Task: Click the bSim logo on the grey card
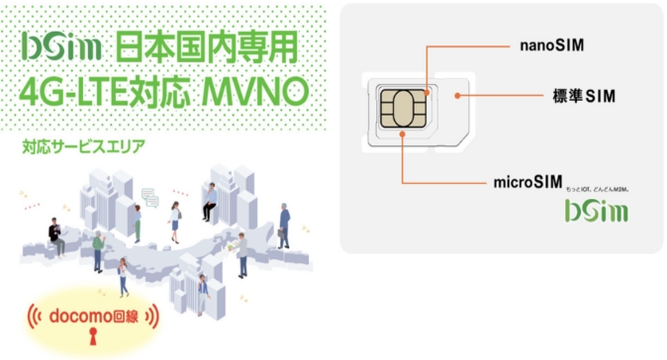(595, 212)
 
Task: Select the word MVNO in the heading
(254, 92)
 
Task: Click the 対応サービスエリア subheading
(82, 148)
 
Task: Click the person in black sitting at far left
(55, 234)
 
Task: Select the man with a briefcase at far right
(283, 225)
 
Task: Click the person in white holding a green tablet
(240, 251)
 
